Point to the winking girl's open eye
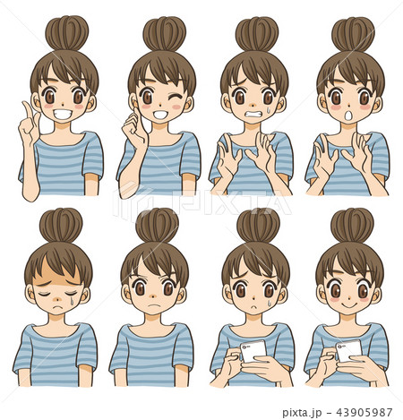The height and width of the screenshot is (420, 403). point(147,96)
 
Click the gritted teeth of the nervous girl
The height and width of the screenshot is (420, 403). point(257,115)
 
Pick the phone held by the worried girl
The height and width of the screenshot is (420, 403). point(253,350)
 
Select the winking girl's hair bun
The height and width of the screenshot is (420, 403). point(163,34)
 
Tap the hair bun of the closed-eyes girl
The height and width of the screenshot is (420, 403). point(58,226)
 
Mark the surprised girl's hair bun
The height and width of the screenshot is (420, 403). point(353,34)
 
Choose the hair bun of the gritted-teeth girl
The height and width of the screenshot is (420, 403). point(257,34)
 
